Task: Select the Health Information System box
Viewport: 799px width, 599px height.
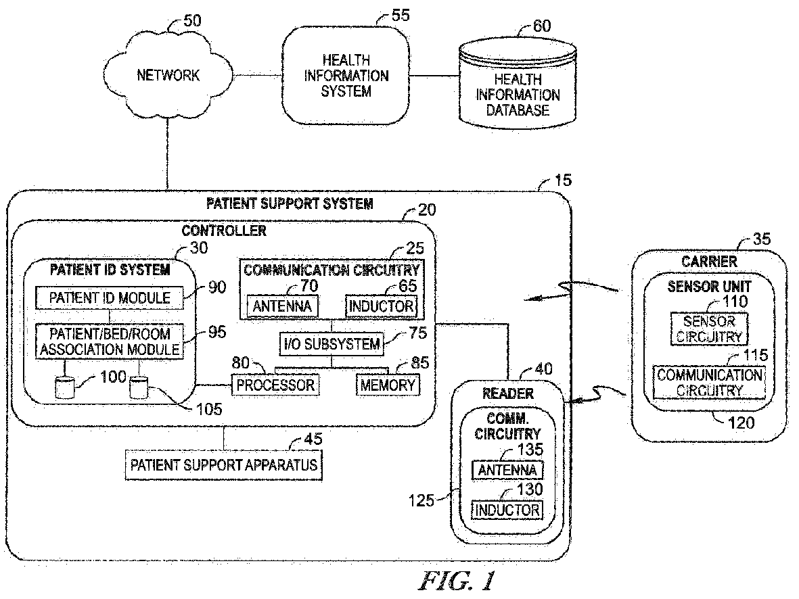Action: [x=346, y=76]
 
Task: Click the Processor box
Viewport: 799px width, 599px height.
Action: [x=275, y=385]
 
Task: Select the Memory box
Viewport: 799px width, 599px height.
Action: [x=387, y=385]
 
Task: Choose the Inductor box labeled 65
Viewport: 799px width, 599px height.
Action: [x=380, y=306]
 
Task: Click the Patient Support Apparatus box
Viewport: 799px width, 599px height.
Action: [x=224, y=465]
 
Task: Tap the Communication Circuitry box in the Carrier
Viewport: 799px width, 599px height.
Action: [x=709, y=382]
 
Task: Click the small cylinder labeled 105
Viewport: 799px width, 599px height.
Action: [x=138, y=387]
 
